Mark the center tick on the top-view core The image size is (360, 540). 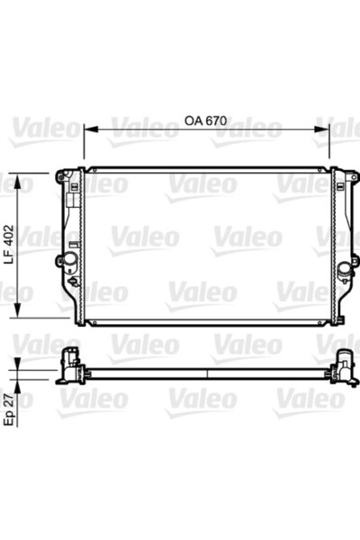pos(207,372)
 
